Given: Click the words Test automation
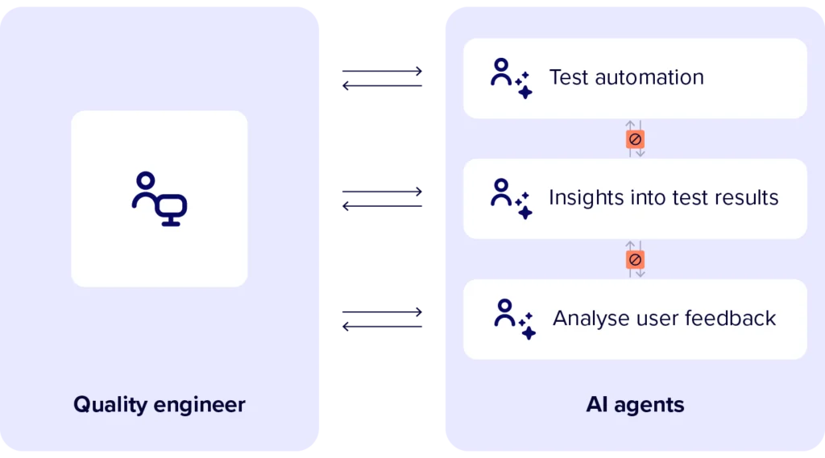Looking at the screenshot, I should [x=626, y=77].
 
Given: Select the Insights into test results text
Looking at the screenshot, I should [x=663, y=198].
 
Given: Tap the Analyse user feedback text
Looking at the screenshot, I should [x=664, y=318].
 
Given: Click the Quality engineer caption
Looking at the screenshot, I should [x=160, y=404].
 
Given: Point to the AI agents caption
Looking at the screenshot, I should [x=635, y=404].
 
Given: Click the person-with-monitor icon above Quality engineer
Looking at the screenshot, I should [x=160, y=199].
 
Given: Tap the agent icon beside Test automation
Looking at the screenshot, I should [x=511, y=78].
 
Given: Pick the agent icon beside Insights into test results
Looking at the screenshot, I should [x=511, y=199].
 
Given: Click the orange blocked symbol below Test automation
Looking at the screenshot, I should [x=635, y=139].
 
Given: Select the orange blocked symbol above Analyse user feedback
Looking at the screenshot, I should [x=635, y=260].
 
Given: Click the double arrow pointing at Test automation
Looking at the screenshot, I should [x=383, y=79].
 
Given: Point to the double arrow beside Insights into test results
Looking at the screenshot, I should [x=383, y=198].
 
